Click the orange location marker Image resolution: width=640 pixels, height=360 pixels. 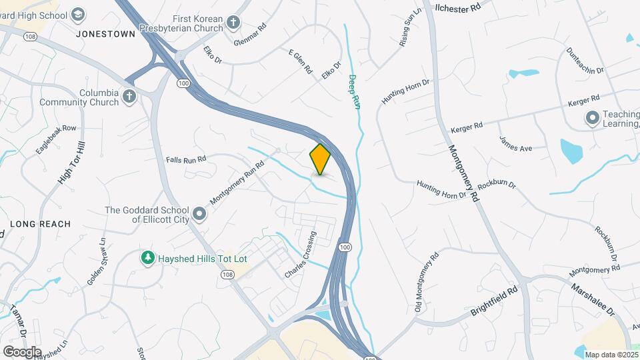pyautogui.click(x=320, y=159)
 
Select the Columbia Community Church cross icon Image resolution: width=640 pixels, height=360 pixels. pyautogui.click(x=129, y=97)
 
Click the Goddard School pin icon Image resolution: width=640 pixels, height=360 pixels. pyautogui.click(x=199, y=215)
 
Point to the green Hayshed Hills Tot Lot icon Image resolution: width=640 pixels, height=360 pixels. pyautogui.click(x=147, y=257)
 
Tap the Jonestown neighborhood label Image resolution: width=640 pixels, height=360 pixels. pyautogui.click(x=105, y=33)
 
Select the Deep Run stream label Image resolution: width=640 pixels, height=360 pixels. pyautogui.click(x=354, y=91)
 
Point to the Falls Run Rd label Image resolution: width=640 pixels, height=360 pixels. pyautogui.click(x=186, y=159)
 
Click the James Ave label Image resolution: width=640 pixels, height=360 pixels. pyautogui.click(x=515, y=143)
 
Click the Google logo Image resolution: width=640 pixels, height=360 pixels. pyautogui.click(x=22, y=351)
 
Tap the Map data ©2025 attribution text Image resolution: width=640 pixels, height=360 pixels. pyautogui.click(x=610, y=355)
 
